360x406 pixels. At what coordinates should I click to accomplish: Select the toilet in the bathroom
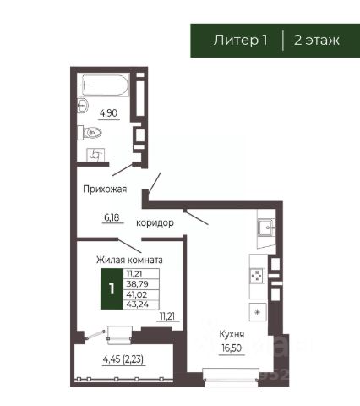(94, 132)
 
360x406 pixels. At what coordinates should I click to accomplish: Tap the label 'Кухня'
(227, 334)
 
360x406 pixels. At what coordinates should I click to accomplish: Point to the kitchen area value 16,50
(227, 348)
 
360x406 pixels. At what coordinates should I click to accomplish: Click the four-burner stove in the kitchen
(257, 276)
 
